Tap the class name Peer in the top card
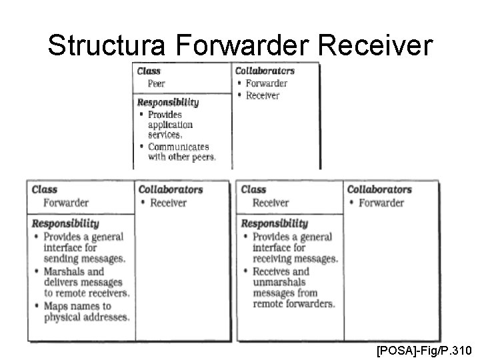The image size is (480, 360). click(156, 84)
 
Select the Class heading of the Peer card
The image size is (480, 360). click(149, 71)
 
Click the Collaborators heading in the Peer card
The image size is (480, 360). click(265, 71)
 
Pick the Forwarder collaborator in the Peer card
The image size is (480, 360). click(266, 83)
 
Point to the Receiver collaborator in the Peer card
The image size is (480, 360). click(263, 95)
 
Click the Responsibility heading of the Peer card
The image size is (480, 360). click(167, 102)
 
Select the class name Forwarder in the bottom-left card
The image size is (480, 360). click(66, 203)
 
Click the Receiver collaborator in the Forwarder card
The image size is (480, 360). click(168, 203)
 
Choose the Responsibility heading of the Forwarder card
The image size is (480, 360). click(65, 223)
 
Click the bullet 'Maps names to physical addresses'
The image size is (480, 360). click(86, 312)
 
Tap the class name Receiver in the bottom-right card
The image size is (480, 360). click(271, 203)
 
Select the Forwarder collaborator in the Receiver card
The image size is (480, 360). click(381, 203)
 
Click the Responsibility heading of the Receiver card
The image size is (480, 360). click(274, 223)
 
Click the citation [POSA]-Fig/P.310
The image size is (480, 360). click(424, 349)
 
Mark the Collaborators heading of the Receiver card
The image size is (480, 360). click(379, 189)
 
